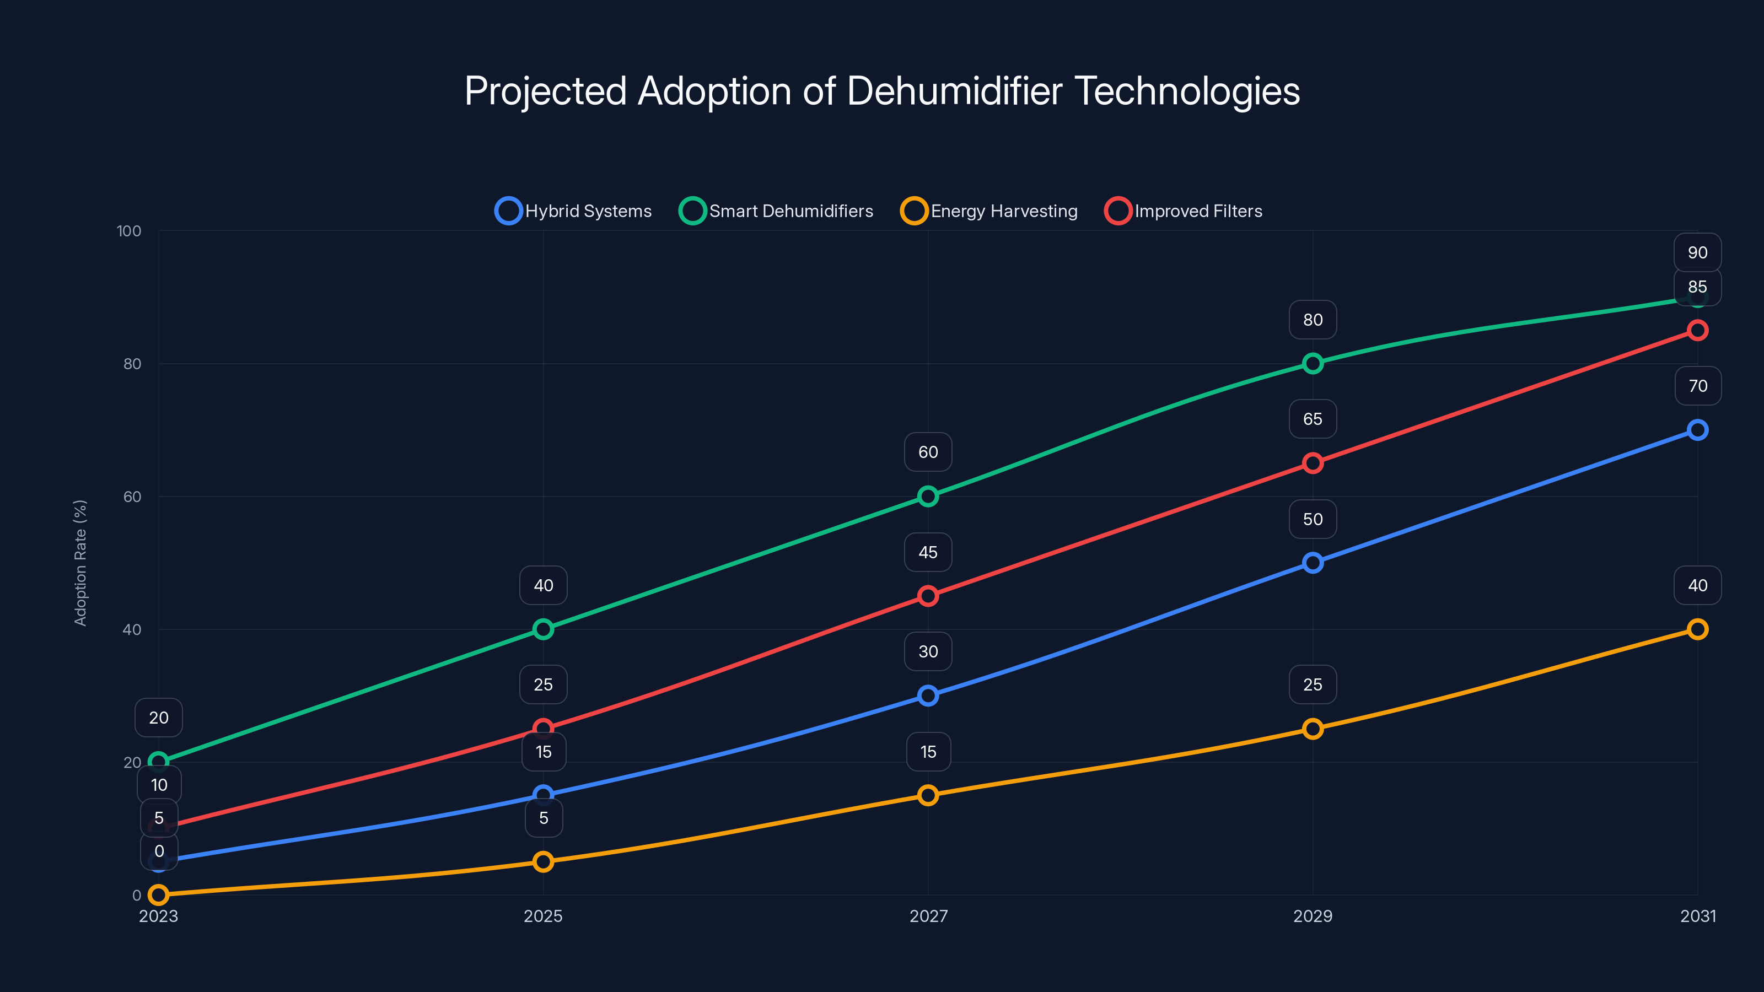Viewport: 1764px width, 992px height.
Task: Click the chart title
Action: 882,91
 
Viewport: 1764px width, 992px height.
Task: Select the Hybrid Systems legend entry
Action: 574,211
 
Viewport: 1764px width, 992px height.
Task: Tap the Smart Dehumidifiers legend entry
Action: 777,211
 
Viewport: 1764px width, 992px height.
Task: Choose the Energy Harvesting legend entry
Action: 989,211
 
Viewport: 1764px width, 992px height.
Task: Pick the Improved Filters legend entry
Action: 1184,211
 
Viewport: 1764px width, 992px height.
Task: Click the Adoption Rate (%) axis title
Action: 80,563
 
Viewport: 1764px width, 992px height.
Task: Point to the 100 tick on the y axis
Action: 129,231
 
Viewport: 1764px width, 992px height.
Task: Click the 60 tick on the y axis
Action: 132,497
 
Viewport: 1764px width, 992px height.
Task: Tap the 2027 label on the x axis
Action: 928,916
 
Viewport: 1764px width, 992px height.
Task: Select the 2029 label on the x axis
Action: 1312,916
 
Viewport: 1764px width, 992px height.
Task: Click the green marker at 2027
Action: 928,497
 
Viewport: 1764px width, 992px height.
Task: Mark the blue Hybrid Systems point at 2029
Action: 1313,563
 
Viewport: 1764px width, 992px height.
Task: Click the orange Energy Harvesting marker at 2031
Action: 1697,629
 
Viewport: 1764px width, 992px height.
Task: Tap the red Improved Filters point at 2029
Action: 1313,463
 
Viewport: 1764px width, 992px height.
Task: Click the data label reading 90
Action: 1697,252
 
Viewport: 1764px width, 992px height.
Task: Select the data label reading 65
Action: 1312,419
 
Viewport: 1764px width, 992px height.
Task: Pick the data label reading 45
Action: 928,552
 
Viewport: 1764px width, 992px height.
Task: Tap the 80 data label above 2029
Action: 1312,320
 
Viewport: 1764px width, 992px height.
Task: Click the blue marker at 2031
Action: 1697,430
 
